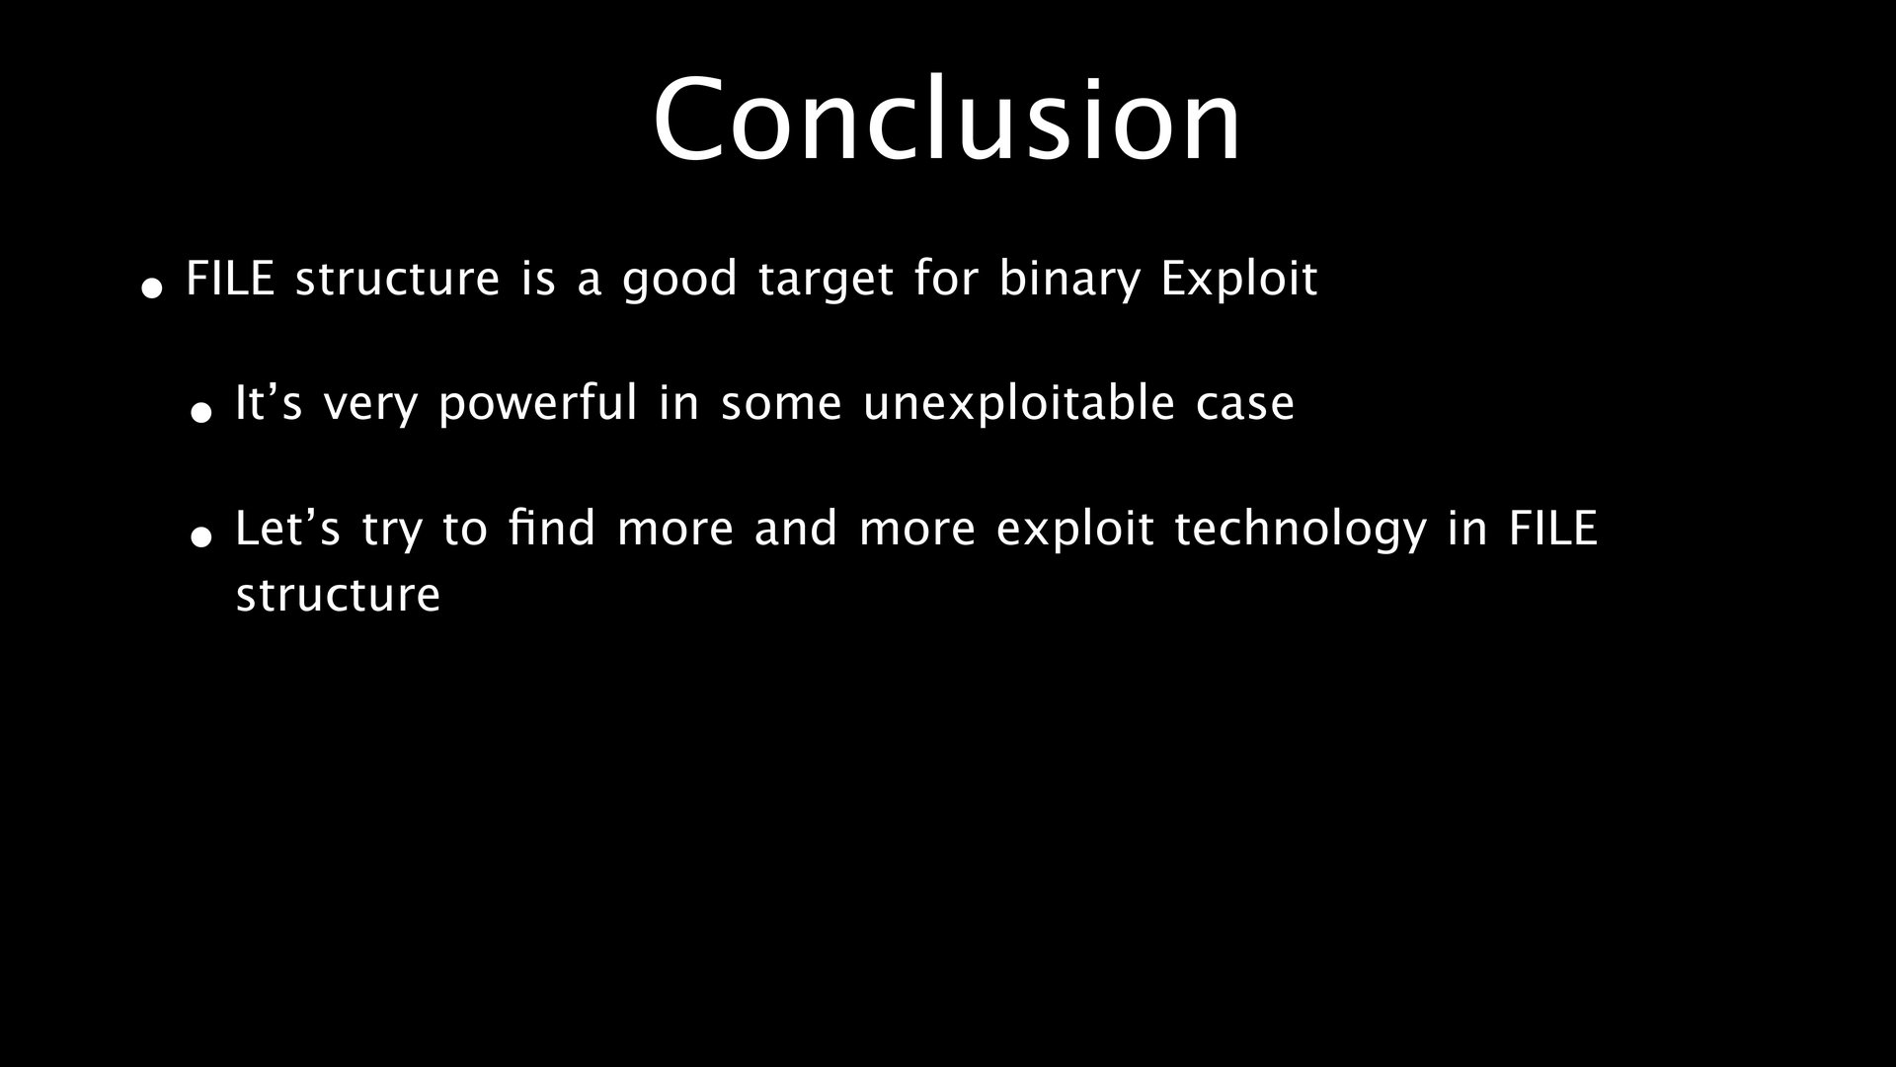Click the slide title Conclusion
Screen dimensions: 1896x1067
coord(947,119)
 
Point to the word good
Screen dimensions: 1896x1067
coord(679,280)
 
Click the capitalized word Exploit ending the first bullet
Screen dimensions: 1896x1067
coord(1238,280)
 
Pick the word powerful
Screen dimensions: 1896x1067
coord(538,404)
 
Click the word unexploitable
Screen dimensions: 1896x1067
coord(1019,404)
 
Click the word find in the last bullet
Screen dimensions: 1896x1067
coord(552,529)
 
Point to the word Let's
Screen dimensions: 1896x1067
coord(287,529)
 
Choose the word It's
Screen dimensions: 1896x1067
coord(269,403)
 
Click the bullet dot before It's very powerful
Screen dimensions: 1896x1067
coord(201,412)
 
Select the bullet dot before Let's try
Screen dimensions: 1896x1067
coord(201,537)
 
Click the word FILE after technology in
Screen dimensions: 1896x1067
coord(1552,529)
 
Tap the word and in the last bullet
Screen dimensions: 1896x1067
coord(796,529)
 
